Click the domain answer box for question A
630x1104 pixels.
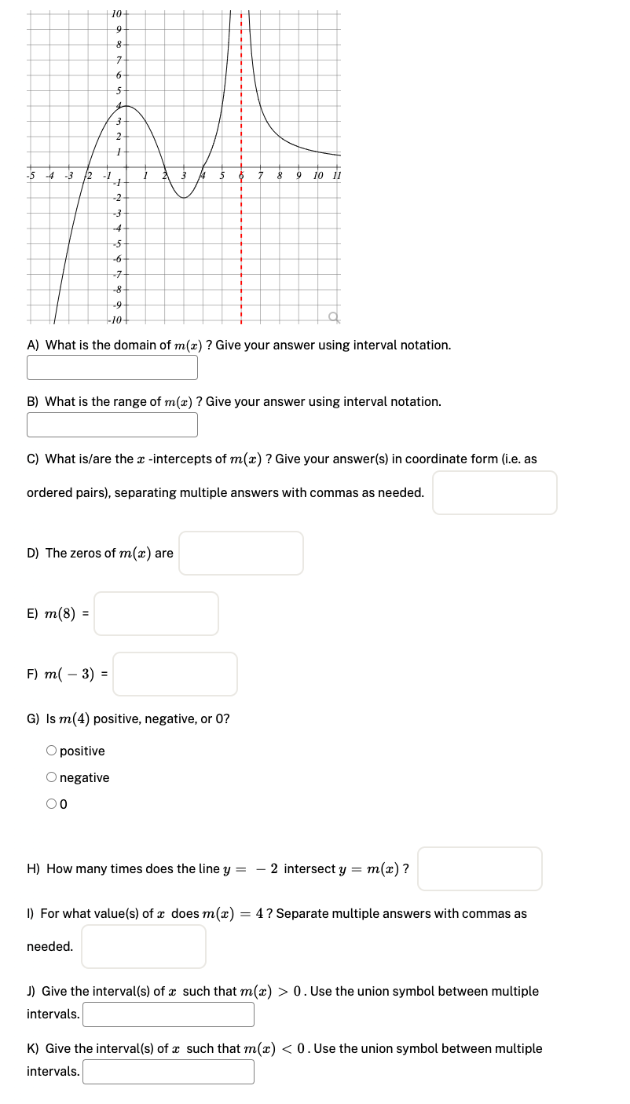tap(112, 367)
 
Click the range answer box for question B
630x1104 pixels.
tap(112, 424)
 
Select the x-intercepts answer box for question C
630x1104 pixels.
tap(494, 492)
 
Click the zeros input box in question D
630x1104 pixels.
tap(240, 553)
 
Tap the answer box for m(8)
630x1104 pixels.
tap(156, 613)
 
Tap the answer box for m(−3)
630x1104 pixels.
tap(174, 674)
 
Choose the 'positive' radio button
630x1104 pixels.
tap(51, 751)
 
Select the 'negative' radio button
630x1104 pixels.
tap(51, 777)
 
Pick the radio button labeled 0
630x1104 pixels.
tap(51, 803)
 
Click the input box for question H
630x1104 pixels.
tap(479, 868)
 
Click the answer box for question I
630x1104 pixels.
tap(143, 946)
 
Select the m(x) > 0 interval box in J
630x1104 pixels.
tap(168, 1014)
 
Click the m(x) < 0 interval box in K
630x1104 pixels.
tap(168, 1071)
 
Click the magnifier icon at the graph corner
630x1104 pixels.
tap(335, 316)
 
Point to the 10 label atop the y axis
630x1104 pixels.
tap(116, 13)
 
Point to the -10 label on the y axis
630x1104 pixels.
tap(115, 320)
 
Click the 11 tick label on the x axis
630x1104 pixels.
tap(337, 174)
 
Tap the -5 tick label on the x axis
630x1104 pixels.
tap(31, 174)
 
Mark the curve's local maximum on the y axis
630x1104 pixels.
tap(126, 105)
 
